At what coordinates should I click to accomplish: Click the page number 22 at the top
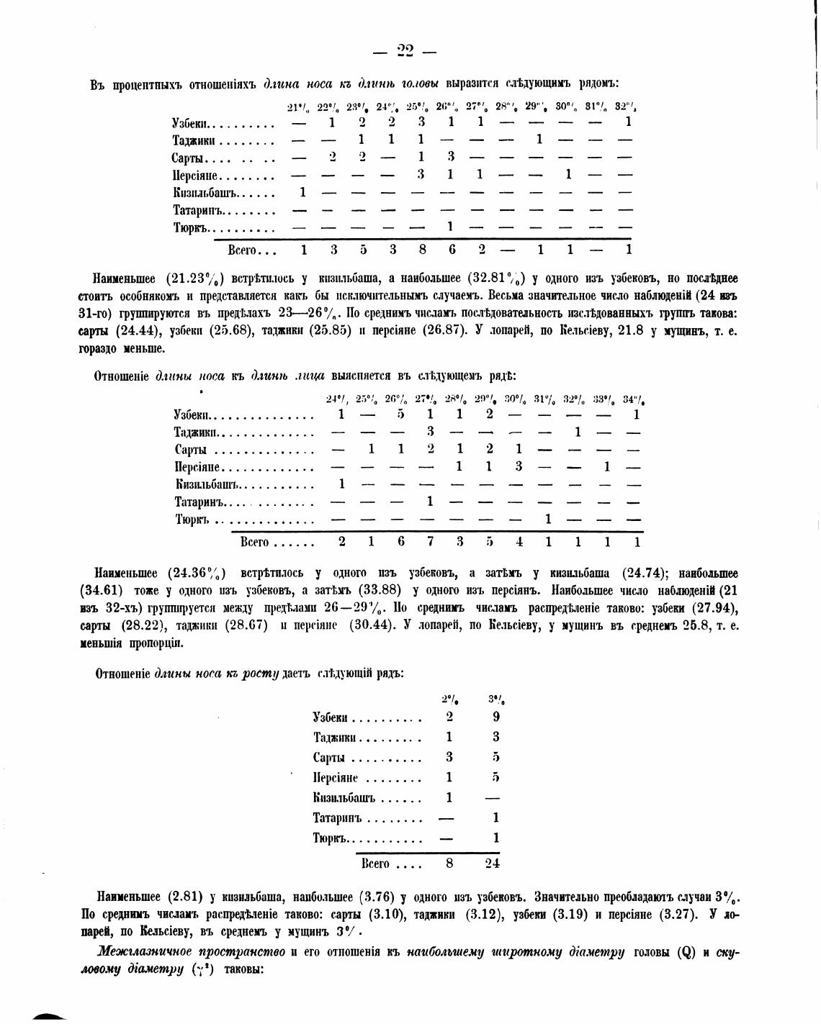tap(405, 50)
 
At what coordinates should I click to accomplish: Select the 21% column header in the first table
tap(298, 107)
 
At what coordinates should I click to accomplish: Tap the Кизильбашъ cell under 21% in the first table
tap(303, 192)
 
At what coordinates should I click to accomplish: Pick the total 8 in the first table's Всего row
tap(422, 250)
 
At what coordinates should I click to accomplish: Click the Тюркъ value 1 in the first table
tap(449, 227)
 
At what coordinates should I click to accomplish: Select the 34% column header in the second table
tap(634, 399)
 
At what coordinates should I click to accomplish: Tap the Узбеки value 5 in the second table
tap(400, 414)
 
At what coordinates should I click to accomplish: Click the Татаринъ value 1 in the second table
tap(430, 501)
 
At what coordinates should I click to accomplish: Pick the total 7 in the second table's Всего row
tap(430, 541)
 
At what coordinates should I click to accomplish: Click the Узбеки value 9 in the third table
tap(495, 717)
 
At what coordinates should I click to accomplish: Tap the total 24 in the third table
tap(493, 864)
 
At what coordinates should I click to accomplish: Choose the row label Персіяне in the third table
tap(335, 777)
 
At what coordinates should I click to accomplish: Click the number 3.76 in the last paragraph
tap(373, 897)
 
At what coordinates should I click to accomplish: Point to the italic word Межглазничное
tap(145, 952)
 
